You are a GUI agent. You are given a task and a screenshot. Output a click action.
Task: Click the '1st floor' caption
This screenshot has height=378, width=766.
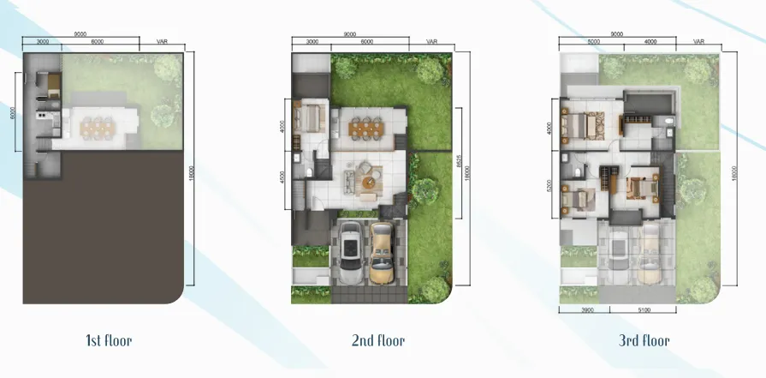[x=108, y=340]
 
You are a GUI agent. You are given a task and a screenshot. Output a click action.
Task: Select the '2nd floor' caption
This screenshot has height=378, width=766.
[x=377, y=340]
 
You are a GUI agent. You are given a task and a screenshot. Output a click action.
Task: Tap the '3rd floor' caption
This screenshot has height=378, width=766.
[x=644, y=340]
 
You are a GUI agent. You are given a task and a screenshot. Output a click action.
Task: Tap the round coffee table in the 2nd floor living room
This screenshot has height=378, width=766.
[x=367, y=182]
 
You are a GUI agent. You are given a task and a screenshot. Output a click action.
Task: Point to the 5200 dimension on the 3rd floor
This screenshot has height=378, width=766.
[x=549, y=187]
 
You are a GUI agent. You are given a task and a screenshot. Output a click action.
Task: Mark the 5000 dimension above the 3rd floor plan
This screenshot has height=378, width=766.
[x=593, y=41]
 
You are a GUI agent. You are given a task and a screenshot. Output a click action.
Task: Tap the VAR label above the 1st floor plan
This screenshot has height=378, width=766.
[x=162, y=41]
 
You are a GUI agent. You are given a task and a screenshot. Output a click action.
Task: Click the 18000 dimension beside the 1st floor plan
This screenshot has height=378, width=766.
[x=196, y=171]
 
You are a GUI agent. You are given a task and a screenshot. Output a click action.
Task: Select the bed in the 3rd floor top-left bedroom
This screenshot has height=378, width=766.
[x=579, y=125]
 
